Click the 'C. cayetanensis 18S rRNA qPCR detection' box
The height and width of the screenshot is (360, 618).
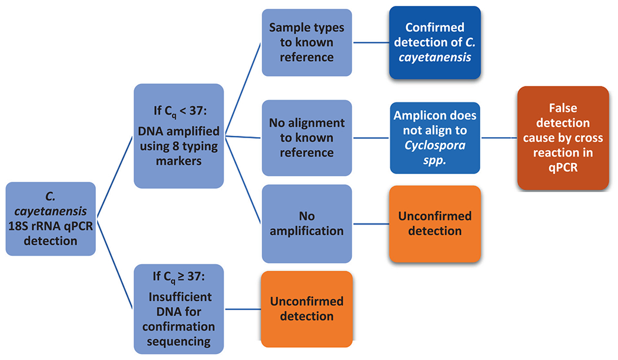(51, 218)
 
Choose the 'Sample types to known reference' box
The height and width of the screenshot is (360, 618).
(306, 42)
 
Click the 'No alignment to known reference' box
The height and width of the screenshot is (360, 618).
(306, 138)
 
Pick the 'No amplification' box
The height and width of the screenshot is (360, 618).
(306, 224)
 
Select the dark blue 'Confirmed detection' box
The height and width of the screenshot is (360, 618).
(434, 42)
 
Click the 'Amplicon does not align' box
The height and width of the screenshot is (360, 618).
(434, 138)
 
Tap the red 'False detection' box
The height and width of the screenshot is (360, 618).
(563, 138)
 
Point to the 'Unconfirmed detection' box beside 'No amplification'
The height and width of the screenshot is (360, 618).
(434, 224)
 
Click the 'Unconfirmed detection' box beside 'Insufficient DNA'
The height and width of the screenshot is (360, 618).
(306, 309)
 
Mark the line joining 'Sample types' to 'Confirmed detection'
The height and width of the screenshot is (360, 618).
(370, 42)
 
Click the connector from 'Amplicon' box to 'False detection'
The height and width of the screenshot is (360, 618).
(498, 138)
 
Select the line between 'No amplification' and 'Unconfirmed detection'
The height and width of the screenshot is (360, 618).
(370, 224)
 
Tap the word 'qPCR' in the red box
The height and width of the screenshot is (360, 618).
(563, 168)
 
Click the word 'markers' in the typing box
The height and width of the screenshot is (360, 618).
(179, 161)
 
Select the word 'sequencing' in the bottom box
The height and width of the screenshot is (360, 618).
(179, 341)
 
